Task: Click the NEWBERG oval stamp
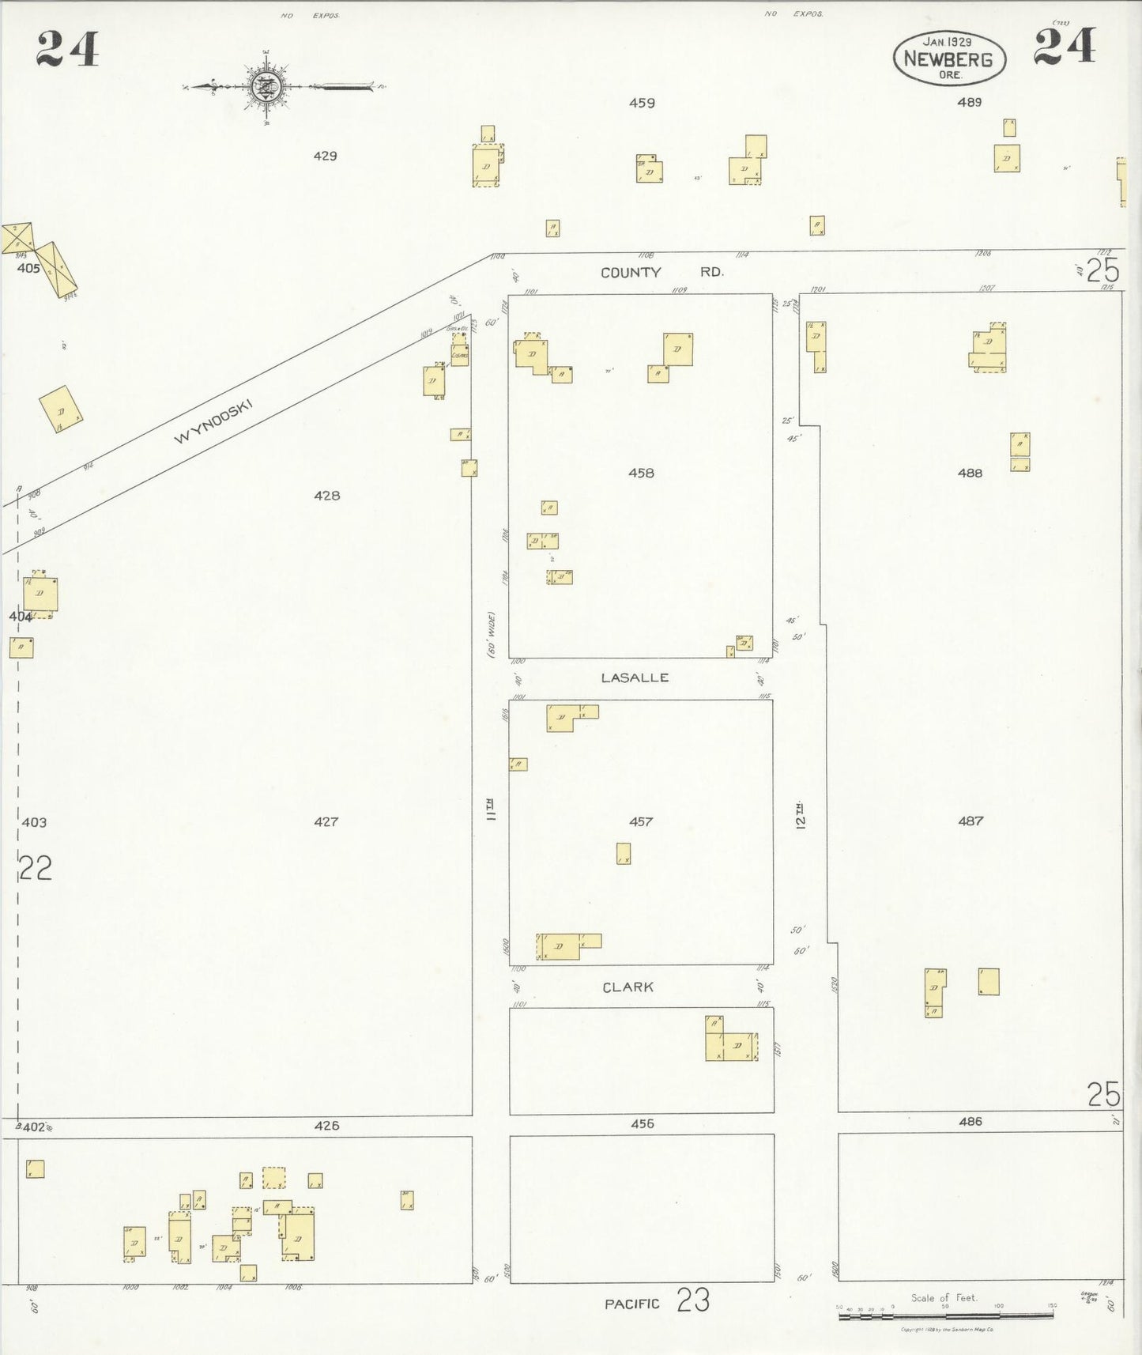tap(948, 59)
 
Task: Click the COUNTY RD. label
tap(661, 272)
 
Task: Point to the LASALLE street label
tap(635, 677)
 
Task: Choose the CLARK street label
tap(628, 987)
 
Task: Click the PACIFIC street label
tap(631, 1304)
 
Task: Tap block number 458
tap(641, 473)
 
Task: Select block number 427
tap(326, 822)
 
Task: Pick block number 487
tap(971, 821)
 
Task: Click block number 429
tap(325, 156)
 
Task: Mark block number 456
tap(643, 1123)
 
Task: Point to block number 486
tap(971, 1121)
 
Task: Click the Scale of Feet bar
tap(945, 1315)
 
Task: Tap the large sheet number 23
tap(693, 1300)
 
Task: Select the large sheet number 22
tap(36, 869)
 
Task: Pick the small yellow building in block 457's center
tap(624, 854)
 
